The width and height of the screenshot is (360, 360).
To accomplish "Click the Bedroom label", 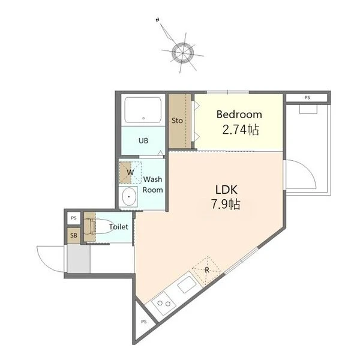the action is (x=239, y=115).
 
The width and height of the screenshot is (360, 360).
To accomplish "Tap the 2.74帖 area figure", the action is (x=241, y=130).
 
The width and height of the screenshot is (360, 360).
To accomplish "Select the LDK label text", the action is (x=226, y=190).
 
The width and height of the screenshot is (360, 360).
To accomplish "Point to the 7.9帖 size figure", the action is (x=226, y=204).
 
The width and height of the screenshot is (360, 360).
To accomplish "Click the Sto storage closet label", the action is (x=177, y=121).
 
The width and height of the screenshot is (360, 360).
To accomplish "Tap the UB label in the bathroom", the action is (x=143, y=140).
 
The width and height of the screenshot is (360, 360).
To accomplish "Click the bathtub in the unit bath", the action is (x=143, y=110).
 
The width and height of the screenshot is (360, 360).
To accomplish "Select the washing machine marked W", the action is (x=130, y=172).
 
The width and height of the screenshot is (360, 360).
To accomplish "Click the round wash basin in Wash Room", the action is (x=129, y=197).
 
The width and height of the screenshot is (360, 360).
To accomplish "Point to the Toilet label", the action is (x=118, y=227).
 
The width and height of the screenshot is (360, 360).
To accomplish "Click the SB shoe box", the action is (x=74, y=235).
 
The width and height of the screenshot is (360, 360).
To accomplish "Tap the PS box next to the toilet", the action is (x=74, y=218).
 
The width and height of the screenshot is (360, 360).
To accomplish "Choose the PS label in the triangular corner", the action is (x=144, y=322).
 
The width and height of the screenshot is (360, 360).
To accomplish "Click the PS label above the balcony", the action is (x=307, y=98).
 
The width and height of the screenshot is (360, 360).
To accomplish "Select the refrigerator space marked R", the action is (x=206, y=270).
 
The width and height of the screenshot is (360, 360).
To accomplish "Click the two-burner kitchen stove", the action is (x=163, y=304).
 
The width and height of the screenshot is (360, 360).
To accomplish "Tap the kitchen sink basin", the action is (x=187, y=284).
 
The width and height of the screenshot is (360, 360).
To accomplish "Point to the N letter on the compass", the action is (x=157, y=20).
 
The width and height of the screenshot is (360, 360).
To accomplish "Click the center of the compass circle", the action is (x=183, y=53).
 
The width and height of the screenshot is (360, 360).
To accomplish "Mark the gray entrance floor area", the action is (x=79, y=258).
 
